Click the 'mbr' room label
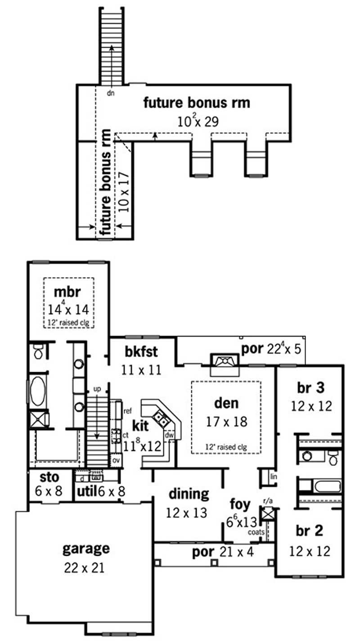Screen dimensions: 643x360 pos(67,292)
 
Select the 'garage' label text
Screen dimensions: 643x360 pos(85,549)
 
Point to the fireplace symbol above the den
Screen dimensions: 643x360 pos(225,361)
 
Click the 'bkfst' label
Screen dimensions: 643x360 pos(141,351)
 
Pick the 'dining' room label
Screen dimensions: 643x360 pos(189,494)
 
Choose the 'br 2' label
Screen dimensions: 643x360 pos(310,531)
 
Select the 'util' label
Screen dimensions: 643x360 pos(86,491)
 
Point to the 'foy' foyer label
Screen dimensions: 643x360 pos(240,504)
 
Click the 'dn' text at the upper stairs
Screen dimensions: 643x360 pos(110,94)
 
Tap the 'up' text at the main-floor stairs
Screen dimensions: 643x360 pos(97,388)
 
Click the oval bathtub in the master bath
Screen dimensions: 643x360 pos(37,391)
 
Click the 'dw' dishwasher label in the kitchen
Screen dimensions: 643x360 pos(169,435)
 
